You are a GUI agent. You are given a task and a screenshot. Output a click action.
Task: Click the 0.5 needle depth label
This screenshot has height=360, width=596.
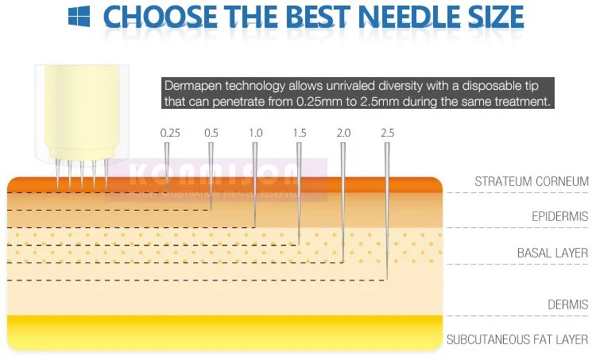tap(211, 133)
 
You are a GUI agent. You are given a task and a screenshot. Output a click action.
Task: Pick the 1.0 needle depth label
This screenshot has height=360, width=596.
tap(256, 133)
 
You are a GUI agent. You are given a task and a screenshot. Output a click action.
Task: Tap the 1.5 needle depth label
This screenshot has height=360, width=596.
tap(300, 133)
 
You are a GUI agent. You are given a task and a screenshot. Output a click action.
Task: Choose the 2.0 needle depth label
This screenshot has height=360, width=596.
tap(343, 133)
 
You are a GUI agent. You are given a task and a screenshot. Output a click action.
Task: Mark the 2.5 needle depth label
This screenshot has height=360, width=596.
tap(387, 133)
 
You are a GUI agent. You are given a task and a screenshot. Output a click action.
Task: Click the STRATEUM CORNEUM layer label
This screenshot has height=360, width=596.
tap(532, 182)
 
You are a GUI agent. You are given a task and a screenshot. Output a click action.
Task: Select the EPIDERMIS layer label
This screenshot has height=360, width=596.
tap(559, 216)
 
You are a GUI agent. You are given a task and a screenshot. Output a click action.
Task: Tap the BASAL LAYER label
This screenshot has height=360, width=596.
tap(552, 254)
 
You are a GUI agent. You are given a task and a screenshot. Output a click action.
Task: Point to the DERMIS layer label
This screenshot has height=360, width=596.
tap(568, 304)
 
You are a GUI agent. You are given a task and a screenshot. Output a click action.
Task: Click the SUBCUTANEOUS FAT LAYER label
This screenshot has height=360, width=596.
tap(517, 339)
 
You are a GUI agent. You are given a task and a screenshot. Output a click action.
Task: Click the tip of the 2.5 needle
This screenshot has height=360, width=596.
tap(387, 280)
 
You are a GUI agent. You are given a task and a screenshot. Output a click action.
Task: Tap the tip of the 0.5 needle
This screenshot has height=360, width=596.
tap(211, 211)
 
